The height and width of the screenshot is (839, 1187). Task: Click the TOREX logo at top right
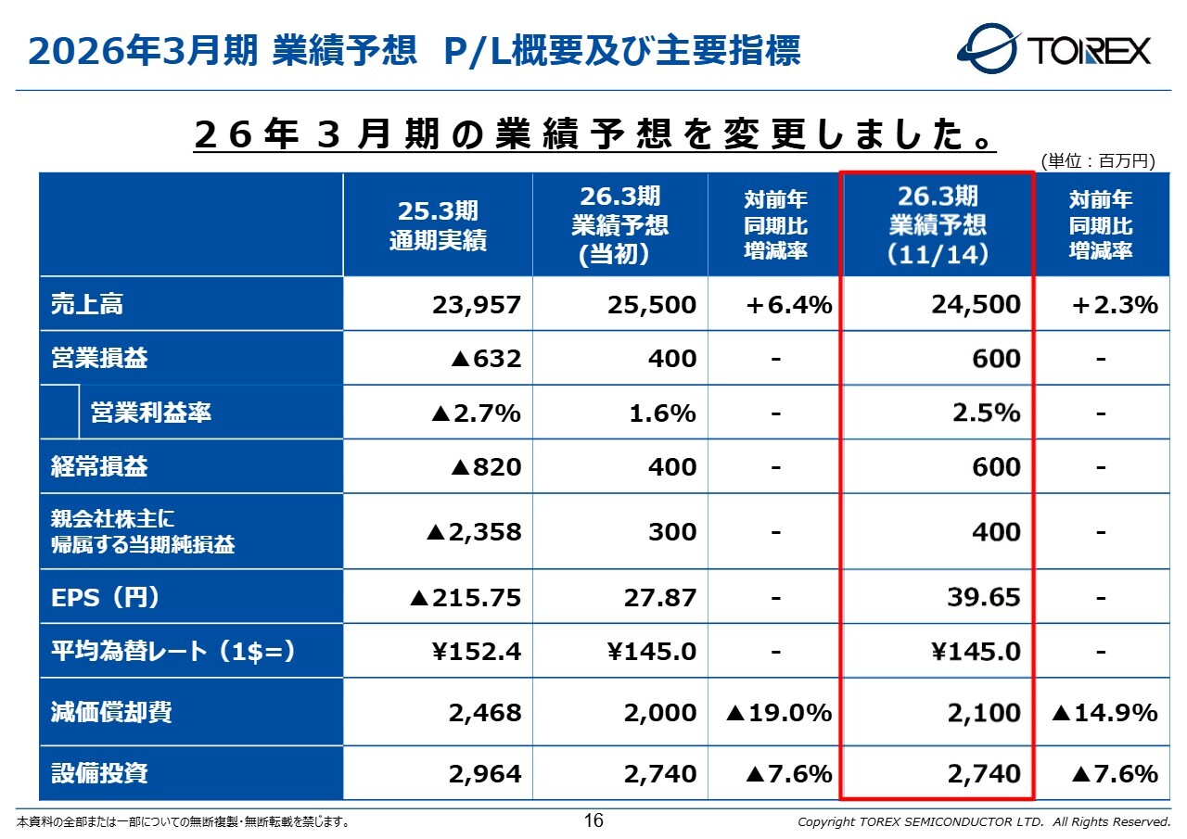[1054, 49]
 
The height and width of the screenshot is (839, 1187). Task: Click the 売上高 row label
[87, 304]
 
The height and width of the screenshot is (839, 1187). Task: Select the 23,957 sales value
[477, 304]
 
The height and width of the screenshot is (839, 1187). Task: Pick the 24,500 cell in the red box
[976, 304]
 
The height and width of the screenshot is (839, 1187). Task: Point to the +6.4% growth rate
[788, 304]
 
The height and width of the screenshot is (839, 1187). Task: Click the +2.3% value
[1114, 304]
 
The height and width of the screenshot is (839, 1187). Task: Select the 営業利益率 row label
[150, 413]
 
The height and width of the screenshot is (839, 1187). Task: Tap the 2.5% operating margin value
[987, 413]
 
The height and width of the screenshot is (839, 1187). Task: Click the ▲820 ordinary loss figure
[485, 467]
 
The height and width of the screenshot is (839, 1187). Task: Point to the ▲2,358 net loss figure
[473, 532]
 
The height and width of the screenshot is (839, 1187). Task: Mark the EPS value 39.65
[983, 597]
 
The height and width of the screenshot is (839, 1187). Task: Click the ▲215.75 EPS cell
[466, 597]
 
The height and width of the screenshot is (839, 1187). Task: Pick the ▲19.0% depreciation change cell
[779, 713]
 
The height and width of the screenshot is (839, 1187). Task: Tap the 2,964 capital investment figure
[485, 773]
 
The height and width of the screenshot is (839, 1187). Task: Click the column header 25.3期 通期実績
[438, 225]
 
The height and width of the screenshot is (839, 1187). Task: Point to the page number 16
[593, 820]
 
